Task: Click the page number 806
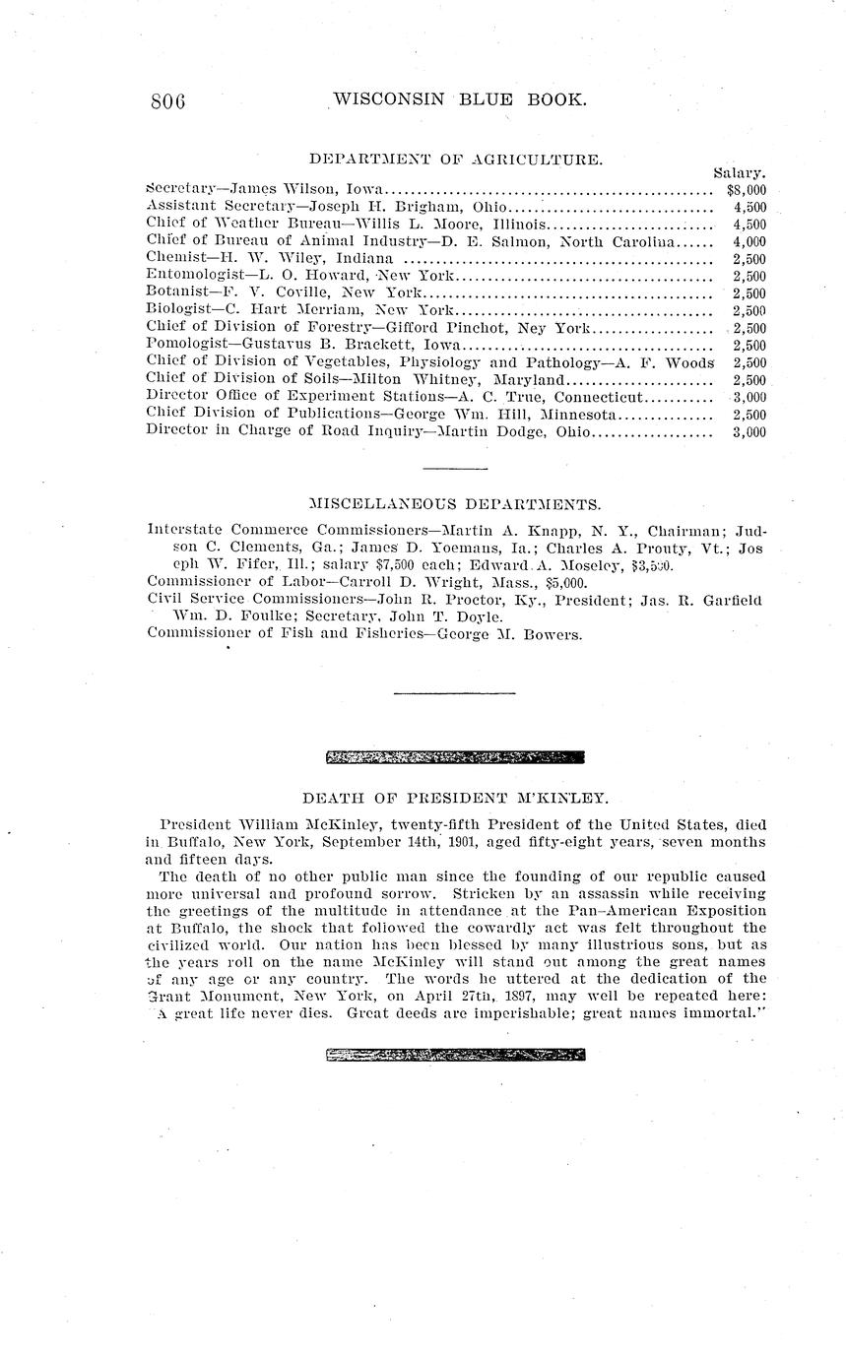168,100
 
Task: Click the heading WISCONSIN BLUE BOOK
460,99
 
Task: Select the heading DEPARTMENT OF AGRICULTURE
456,159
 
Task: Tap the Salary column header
740,173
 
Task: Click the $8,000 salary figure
747,190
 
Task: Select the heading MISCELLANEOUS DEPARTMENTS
454,505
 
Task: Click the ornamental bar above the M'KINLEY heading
454,757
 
